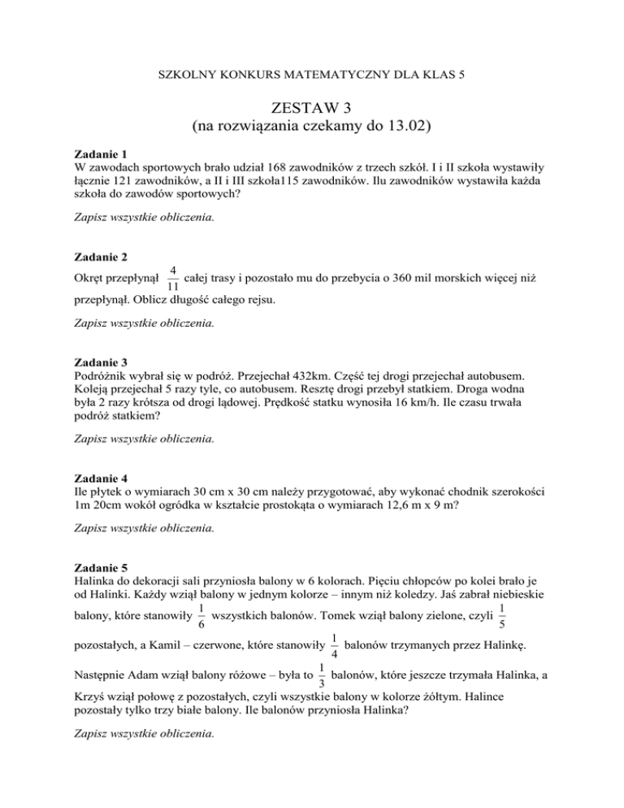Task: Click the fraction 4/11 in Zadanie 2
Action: pyautogui.click(x=172, y=280)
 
